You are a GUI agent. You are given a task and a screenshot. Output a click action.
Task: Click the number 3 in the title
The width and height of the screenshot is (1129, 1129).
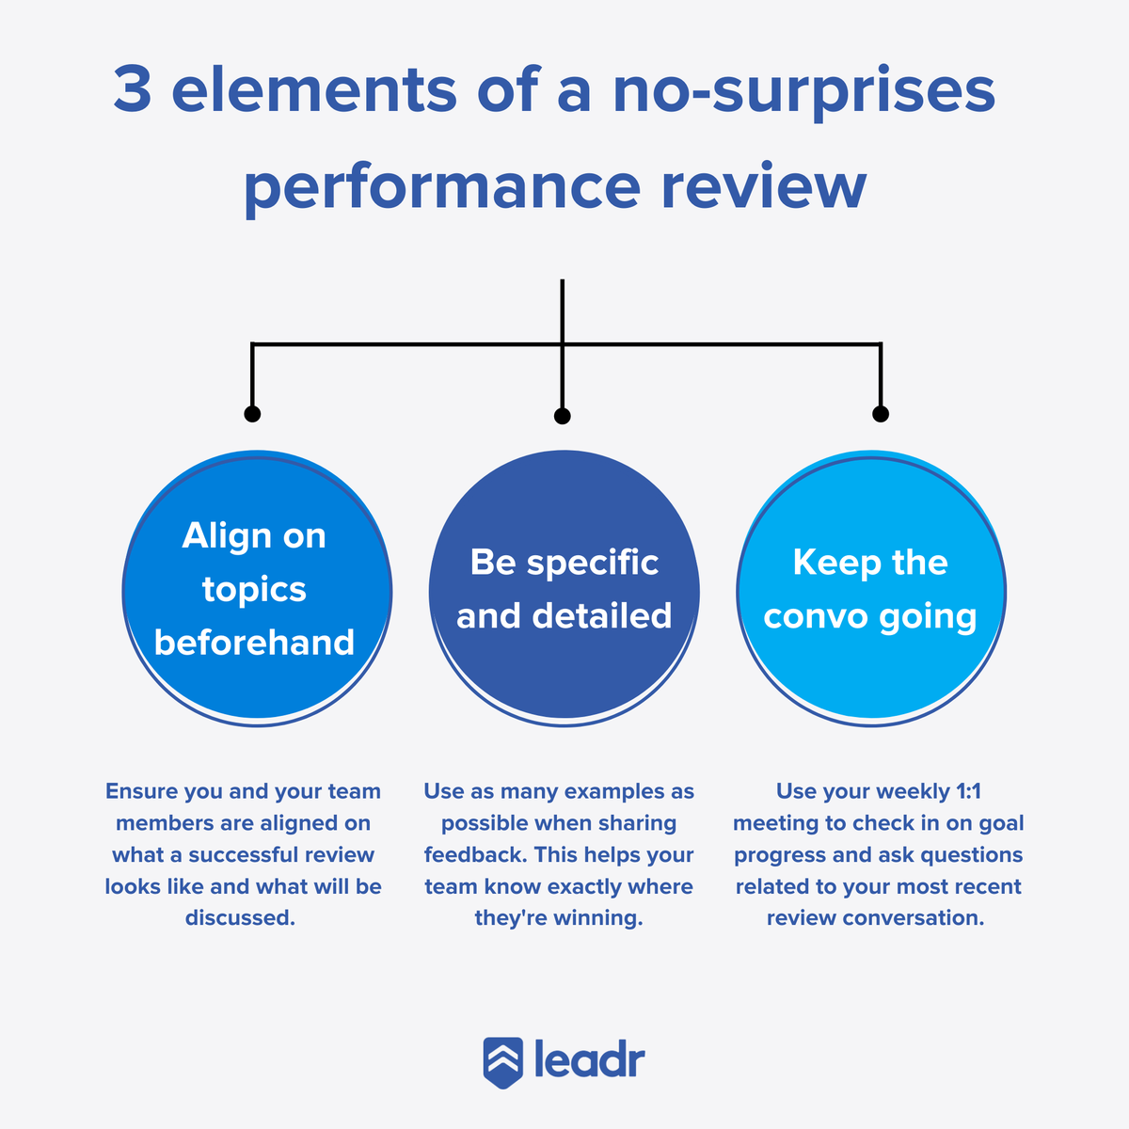coord(134,90)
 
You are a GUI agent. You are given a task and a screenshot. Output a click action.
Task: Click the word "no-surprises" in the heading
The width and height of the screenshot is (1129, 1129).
coord(804,90)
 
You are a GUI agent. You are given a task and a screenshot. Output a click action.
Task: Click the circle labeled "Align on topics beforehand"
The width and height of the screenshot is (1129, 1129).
coord(257,589)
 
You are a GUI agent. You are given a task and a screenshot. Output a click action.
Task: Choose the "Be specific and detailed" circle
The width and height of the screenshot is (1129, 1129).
coord(564,589)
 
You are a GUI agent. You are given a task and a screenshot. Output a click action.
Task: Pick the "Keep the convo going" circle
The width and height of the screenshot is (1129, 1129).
coord(871,589)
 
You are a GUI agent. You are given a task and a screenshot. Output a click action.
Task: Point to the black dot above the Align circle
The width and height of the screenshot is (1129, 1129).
coord(252,414)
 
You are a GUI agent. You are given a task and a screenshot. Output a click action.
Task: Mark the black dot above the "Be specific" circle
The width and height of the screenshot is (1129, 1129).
coord(563,416)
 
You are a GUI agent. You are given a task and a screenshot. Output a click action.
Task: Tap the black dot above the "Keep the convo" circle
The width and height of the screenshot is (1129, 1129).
coord(881,414)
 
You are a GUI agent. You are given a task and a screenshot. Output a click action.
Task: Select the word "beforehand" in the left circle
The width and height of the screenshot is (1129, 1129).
coord(254,643)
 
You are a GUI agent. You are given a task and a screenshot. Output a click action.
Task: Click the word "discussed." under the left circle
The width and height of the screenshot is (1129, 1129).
coord(240,918)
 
